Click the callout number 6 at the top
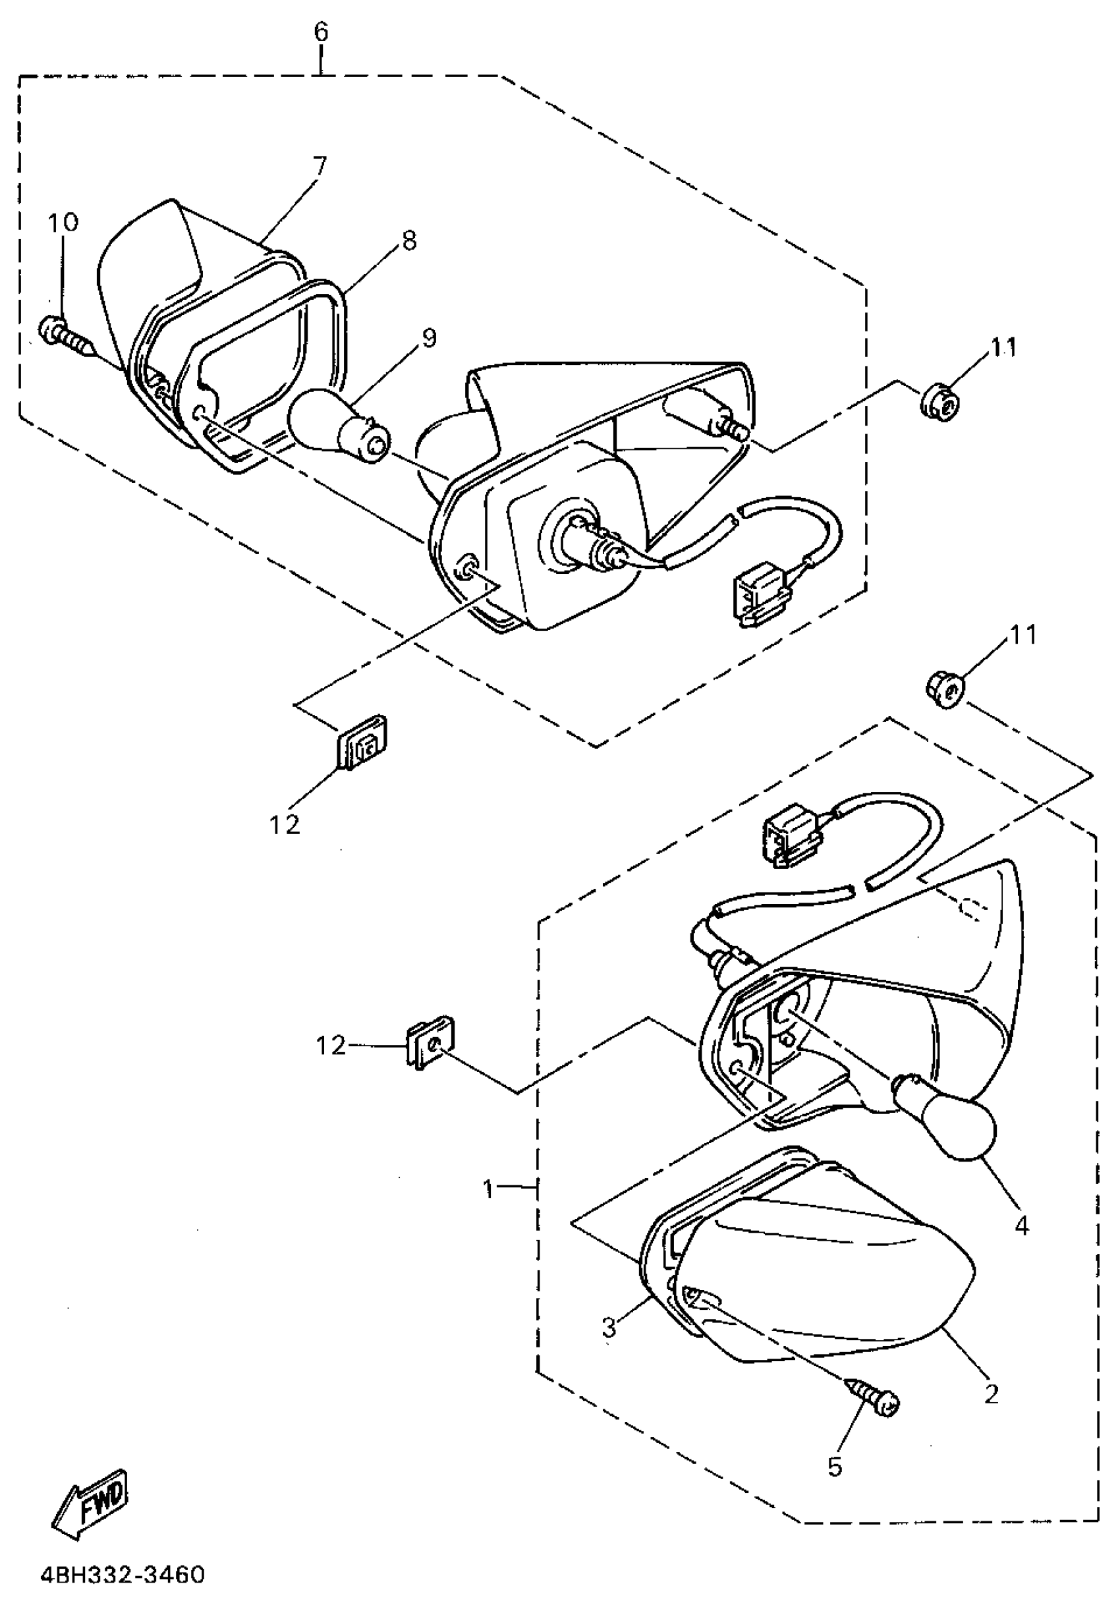321,32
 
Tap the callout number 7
319,167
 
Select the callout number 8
409,240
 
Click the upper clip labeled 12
363,742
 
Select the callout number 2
992,1394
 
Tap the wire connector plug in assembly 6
758,596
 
